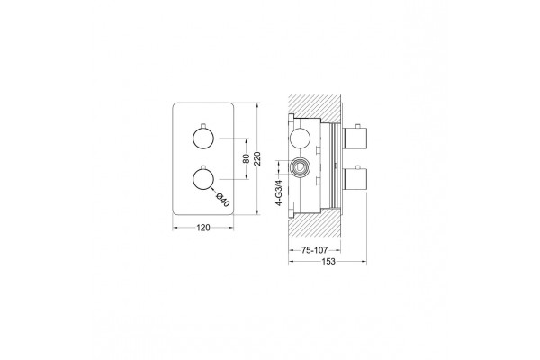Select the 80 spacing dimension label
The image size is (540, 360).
[247, 158]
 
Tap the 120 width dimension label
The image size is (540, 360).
[202, 228]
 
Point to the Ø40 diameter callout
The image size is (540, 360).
[223, 200]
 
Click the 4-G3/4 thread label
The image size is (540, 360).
[279, 193]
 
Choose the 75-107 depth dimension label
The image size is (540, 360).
[314, 250]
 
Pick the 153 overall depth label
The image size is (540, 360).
[328, 262]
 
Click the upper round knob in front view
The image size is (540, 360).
[202, 139]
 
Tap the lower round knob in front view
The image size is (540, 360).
[202, 179]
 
